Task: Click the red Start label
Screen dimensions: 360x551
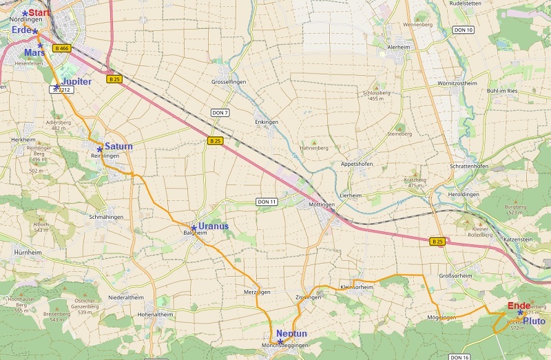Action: tap(39, 12)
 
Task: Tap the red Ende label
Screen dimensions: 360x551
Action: tap(519, 306)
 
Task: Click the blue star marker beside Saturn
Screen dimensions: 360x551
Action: tap(100, 149)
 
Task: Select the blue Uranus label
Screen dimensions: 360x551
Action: tap(214, 226)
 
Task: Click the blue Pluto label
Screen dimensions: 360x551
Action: tap(534, 321)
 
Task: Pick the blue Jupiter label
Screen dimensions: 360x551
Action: tap(76, 81)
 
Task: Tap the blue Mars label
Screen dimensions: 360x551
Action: tap(34, 52)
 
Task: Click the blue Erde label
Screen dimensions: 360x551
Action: tap(21, 30)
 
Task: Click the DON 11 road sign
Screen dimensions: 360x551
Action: tap(266, 202)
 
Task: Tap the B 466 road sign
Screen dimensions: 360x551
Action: tap(61, 48)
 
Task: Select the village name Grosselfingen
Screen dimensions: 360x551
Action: tap(229, 81)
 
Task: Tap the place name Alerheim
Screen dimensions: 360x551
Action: tap(399, 47)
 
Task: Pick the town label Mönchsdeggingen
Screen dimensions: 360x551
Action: tap(285, 345)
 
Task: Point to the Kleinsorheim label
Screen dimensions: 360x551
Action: tap(357, 287)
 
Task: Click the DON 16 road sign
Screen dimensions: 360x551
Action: tap(459, 357)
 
